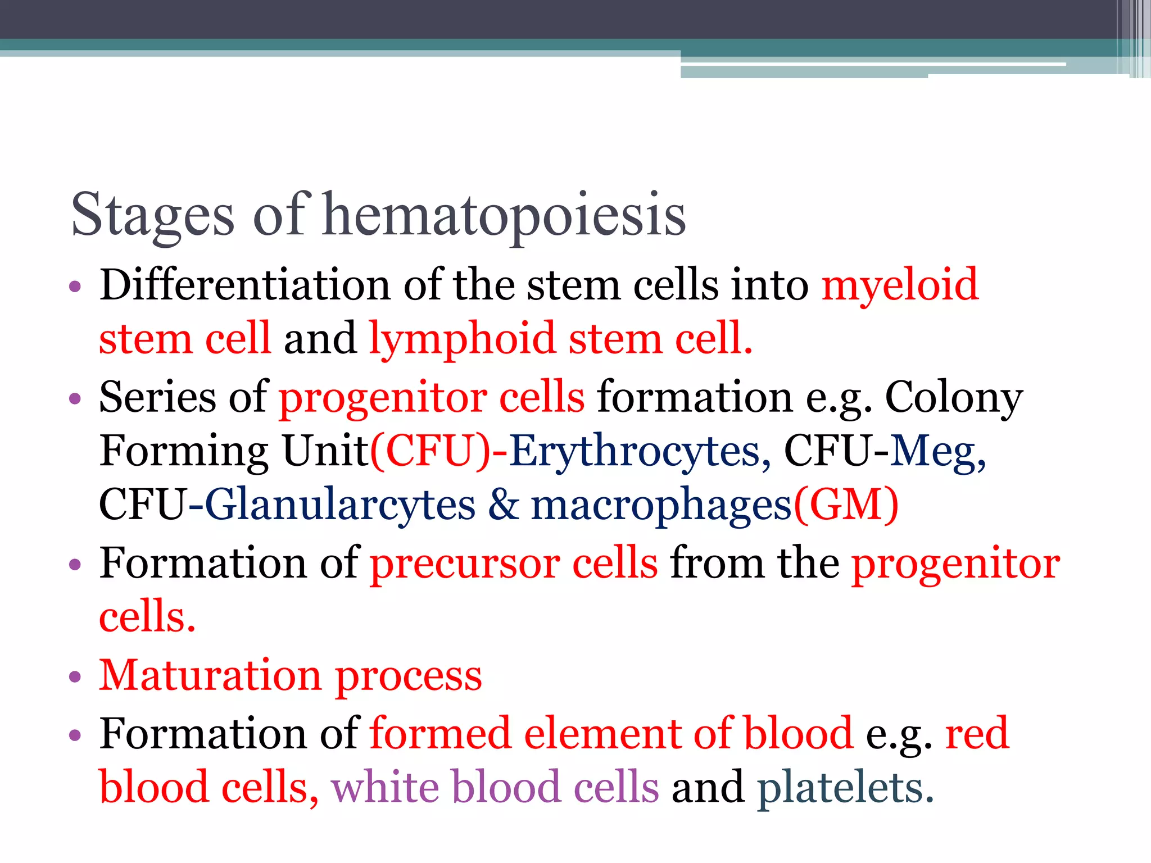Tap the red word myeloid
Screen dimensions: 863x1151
900,285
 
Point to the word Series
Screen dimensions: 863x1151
157,397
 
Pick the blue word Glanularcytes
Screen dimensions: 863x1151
340,505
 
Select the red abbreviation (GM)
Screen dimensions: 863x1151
846,505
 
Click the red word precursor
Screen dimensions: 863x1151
465,563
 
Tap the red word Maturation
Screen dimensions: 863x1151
210,675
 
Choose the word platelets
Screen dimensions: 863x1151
845,788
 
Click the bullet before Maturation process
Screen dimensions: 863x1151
75,676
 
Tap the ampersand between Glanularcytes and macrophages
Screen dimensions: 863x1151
503,505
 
